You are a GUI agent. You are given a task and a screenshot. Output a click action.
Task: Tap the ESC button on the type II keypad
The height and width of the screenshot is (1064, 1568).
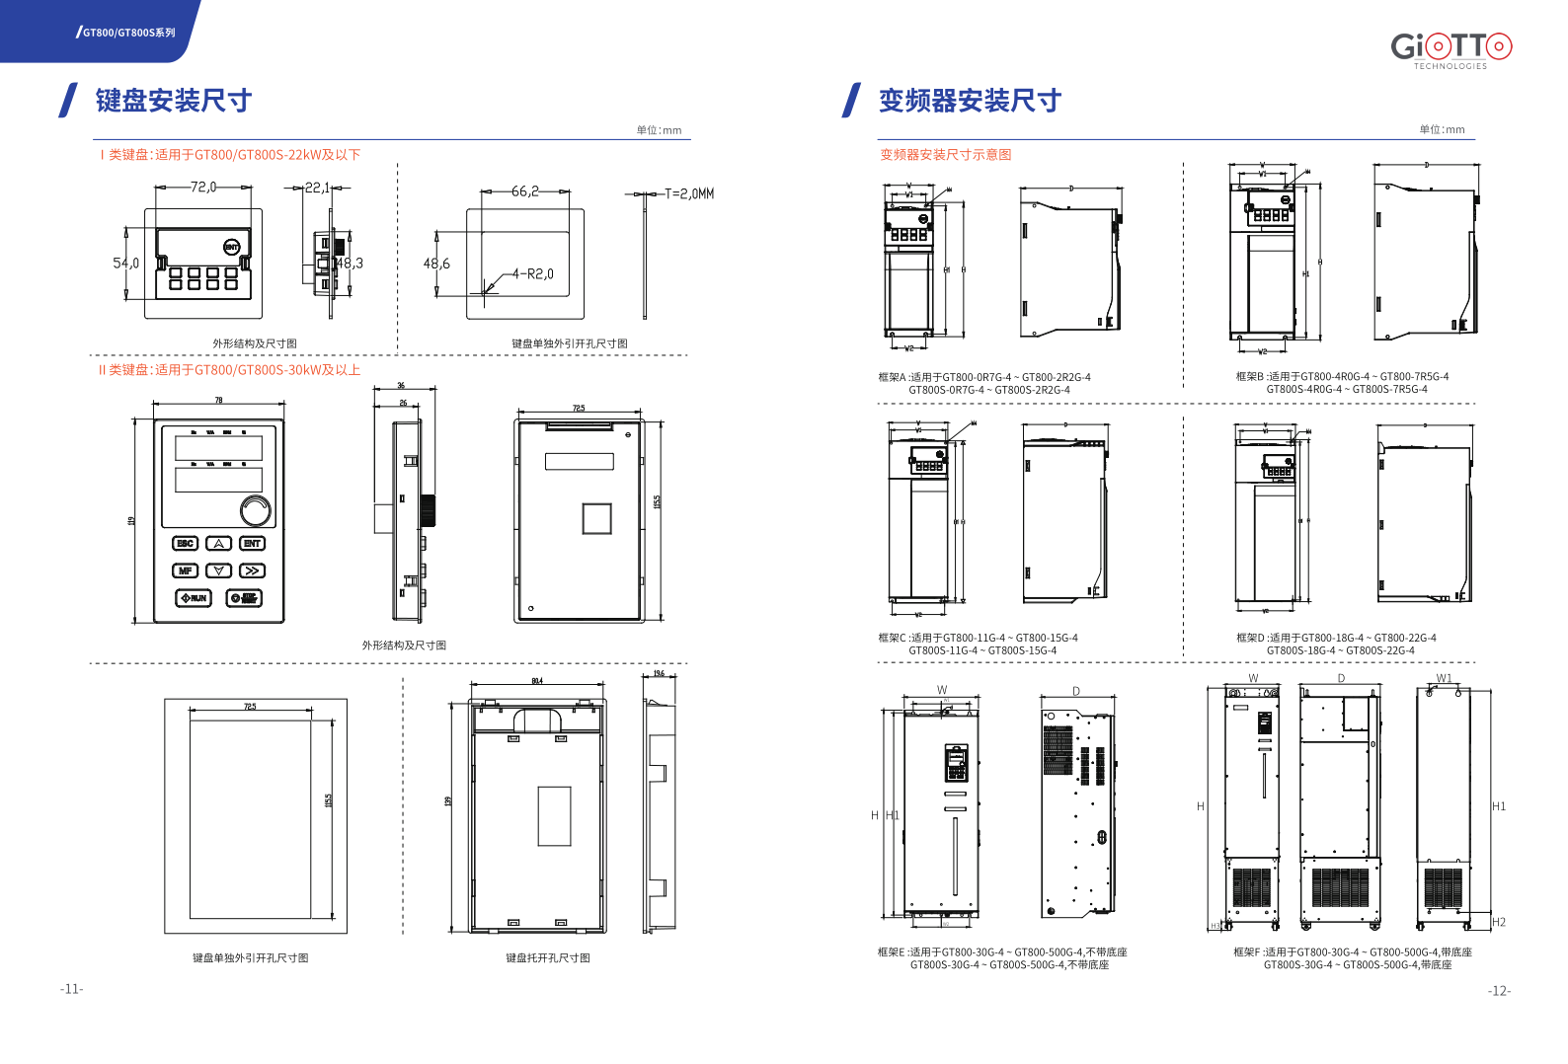185,544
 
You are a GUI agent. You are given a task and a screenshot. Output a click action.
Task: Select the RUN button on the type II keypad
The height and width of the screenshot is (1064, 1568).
194,598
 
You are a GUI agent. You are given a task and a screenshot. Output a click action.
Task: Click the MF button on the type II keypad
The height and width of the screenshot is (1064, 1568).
185,570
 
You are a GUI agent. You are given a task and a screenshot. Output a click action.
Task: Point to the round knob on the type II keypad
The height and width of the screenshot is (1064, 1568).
256,510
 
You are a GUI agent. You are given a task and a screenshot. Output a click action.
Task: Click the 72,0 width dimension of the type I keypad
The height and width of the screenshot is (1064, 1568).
203,187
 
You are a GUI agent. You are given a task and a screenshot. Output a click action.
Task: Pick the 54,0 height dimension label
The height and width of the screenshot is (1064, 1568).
125,264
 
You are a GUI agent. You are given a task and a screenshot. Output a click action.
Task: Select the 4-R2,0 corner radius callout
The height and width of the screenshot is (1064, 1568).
533,274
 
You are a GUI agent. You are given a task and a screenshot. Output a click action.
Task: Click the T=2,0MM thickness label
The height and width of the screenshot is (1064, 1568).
689,193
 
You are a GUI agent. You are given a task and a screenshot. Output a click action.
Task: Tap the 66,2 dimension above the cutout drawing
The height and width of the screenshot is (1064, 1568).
525,191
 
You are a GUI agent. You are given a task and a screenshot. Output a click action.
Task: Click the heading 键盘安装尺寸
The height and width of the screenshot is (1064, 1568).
174,101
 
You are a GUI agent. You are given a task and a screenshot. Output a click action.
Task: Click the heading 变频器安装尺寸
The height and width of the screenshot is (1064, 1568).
970,101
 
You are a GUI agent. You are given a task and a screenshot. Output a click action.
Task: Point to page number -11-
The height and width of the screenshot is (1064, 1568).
72,989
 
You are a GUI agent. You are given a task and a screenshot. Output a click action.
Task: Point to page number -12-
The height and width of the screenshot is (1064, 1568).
1499,991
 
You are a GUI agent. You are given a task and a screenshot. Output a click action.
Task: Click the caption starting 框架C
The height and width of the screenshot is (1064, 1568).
978,644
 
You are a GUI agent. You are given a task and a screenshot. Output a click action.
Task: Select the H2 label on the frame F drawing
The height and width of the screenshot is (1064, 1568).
1499,922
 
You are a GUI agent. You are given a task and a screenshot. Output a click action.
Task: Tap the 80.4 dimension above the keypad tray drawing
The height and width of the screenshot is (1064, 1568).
537,681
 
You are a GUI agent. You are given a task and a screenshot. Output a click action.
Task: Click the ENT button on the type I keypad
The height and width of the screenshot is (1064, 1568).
231,247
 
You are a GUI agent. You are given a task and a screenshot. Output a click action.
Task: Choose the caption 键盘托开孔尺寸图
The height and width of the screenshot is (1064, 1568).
548,958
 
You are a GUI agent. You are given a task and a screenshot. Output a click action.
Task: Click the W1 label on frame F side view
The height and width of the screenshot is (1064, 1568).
1444,678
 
